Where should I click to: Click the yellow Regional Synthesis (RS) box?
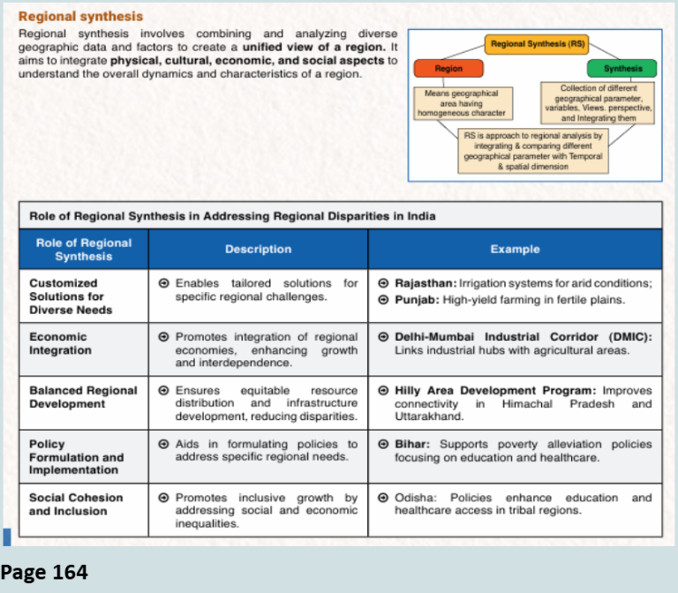[537, 43]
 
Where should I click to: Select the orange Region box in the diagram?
[448, 68]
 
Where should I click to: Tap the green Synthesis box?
[622, 68]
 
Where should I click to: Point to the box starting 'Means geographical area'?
[461, 102]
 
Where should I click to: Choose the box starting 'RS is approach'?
[533, 151]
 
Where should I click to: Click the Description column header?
[258, 250]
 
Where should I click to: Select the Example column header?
[515, 250]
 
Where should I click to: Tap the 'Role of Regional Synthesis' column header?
[84, 250]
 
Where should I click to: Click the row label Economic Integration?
[60, 343]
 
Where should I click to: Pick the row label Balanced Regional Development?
[83, 397]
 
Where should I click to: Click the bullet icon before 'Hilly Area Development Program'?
[383, 391]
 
